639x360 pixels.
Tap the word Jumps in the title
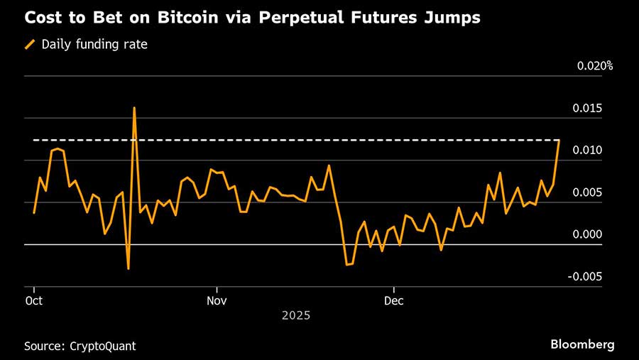(x=452, y=18)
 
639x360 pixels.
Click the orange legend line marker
(x=30, y=44)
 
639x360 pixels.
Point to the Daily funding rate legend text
(x=94, y=44)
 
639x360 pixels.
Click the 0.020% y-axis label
(x=595, y=66)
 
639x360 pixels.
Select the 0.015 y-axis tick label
(x=589, y=108)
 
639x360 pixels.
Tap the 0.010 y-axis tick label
(x=589, y=150)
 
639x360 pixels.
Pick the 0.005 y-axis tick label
(x=589, y=192)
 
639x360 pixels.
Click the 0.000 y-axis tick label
(x=589, y=234)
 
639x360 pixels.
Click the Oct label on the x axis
(x=34, y=300)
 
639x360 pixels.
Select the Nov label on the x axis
(x=216, y=300)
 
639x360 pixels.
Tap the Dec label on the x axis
(x=393, y=300)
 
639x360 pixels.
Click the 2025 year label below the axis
(x=296, y=314)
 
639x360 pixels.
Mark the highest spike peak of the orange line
(x=134, y=108)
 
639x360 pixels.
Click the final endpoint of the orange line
(x=559, y=141)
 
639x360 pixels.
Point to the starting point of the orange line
(x=34, y=212)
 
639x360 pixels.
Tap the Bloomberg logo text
(x=582, y=344)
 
